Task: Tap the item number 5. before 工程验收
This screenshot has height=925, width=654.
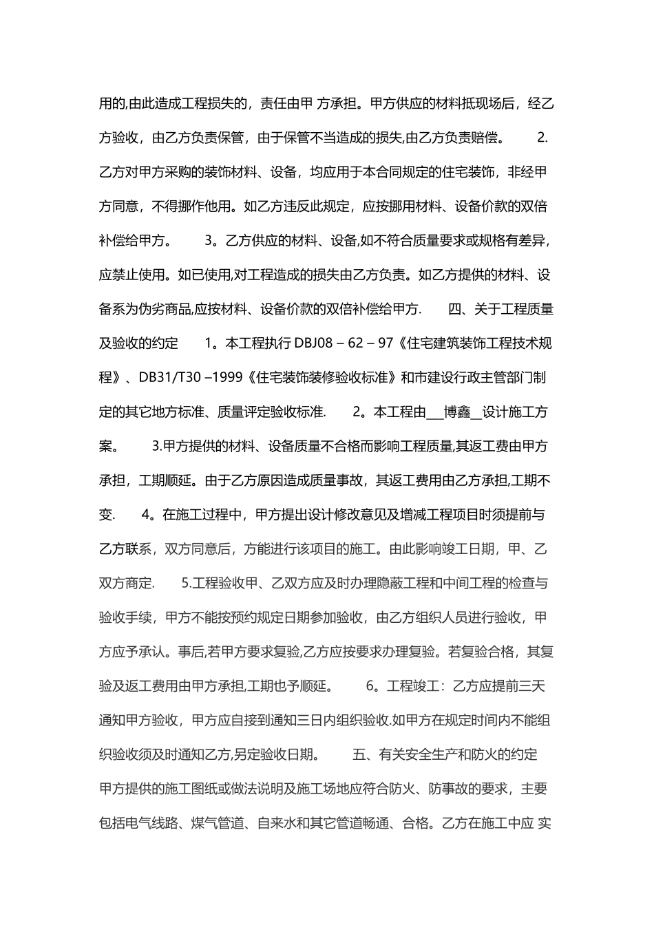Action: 187,584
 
